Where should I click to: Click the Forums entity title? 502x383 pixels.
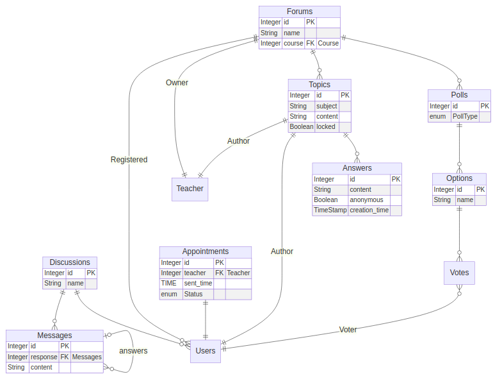[x=300, y=12]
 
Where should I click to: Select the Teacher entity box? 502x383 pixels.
[x=190, y=189]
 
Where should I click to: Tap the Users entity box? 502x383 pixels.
[x=206, y=351]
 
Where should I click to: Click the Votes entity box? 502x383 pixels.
[x=459, y=273]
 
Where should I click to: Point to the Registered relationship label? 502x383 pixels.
[x=129, y=160]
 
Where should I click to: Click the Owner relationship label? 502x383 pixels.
[x=177, y=83]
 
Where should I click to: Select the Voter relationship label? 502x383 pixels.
[x=348, y=330]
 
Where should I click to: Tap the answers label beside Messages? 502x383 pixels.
[x=133, y=351]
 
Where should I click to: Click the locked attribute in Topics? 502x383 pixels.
[x=326, y=127]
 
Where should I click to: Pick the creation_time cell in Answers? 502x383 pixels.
[x=369, y=210]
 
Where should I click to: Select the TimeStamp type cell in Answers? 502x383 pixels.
[x=330, y=210]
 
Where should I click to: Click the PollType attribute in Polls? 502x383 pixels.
[x=465, y=117]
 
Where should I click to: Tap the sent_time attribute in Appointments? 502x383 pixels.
[x=198, y=284]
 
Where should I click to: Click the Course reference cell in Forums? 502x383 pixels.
[x=328, y=44]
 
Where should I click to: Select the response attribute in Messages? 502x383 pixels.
[x=44, y=357]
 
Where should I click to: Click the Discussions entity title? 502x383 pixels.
[x=70, y=262]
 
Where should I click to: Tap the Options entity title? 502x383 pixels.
[x=459, y=178]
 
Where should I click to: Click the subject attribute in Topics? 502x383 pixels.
[x=326, y=106]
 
